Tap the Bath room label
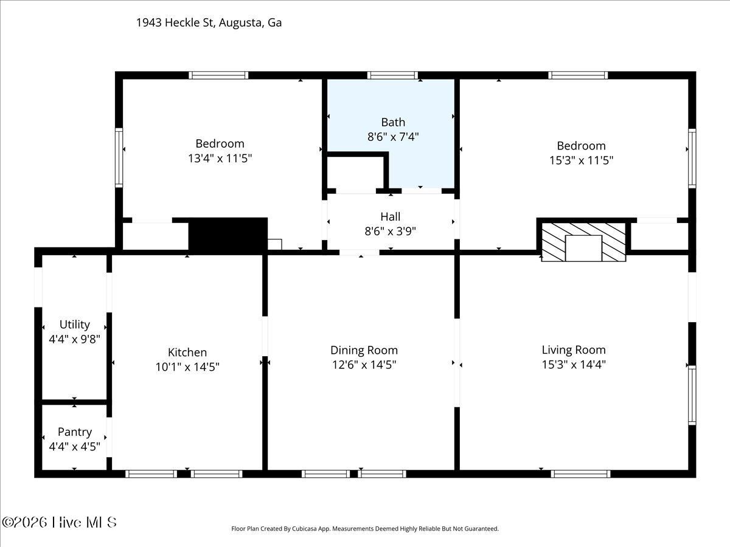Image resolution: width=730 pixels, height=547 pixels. pos(393,122)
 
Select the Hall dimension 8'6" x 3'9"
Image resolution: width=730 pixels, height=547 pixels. pos(390,231)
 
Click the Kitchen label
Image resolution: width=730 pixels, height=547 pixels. pos(187,352)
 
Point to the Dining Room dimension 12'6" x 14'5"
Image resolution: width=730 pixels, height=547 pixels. pos(364,365)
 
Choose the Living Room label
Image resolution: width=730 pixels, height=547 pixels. pos(574,349)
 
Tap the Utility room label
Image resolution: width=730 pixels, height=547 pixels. pos(74,324)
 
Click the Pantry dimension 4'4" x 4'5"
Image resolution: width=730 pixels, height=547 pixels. pos(74,447)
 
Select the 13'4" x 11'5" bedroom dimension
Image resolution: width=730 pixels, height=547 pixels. pos(220,159)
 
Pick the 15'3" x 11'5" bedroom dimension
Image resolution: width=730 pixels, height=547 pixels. pos(581,160)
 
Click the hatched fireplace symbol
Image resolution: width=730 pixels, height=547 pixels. pos(583,242)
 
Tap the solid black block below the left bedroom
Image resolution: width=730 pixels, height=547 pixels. pos(228,236)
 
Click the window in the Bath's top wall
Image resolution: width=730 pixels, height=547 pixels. pos(392,75)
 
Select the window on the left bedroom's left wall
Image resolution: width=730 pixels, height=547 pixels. pos(119,158)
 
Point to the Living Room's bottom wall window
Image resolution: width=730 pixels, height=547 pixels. pos(580,474)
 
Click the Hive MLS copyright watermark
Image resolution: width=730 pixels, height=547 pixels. pos(59,523)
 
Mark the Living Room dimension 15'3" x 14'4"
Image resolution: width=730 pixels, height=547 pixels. pos(574,365)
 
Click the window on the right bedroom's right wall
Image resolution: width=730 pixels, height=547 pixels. pos(692,159)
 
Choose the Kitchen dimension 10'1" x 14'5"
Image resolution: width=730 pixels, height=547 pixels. pos(187,367)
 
